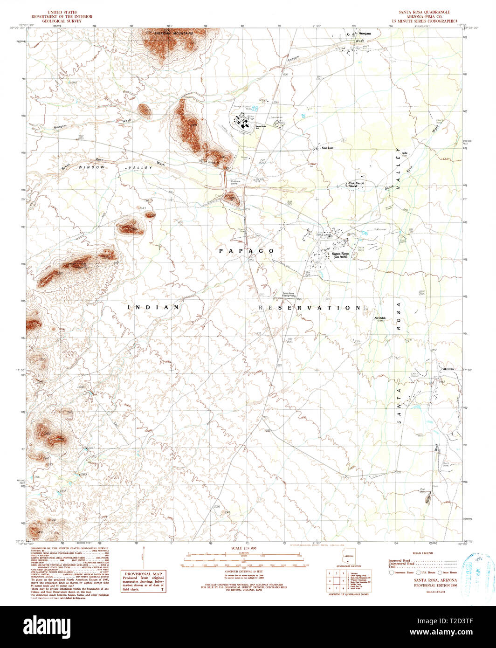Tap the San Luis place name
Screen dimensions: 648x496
(x=327, y=148)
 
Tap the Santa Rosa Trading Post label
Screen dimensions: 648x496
(x=289, y=295)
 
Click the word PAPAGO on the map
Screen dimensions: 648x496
(x=247, y=251)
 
